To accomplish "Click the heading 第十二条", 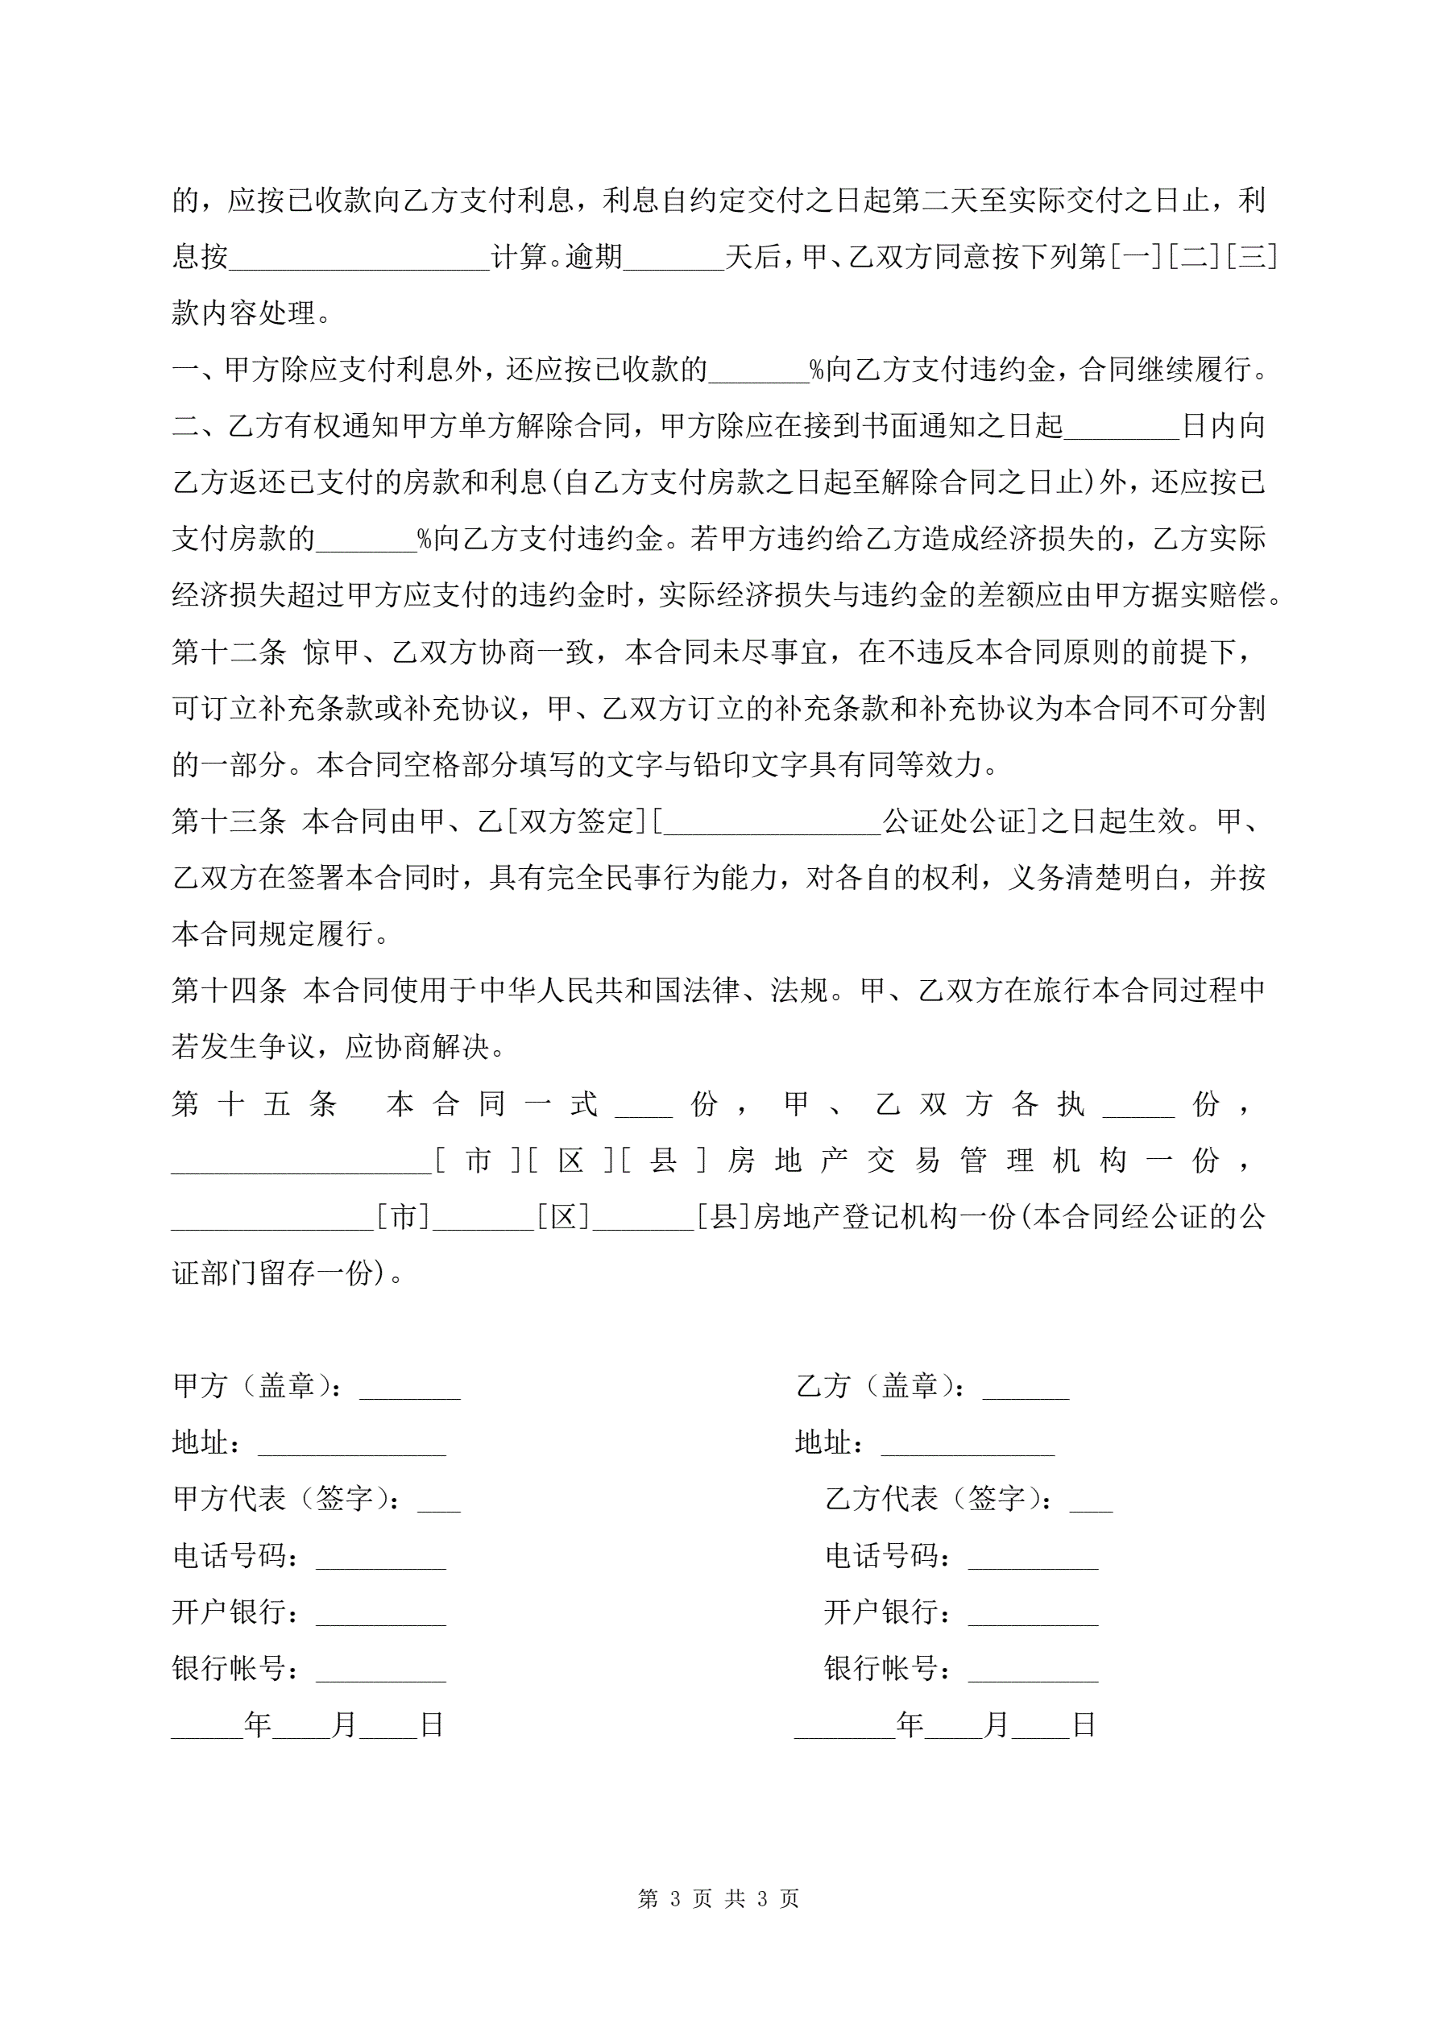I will click(x=230, y=652).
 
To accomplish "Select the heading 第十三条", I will click(x=230, y=821).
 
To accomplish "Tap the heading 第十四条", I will click(x=230, y=991).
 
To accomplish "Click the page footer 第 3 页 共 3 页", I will click(x=718, y=1898).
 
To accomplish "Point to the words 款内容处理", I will click(x=243, y=313).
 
